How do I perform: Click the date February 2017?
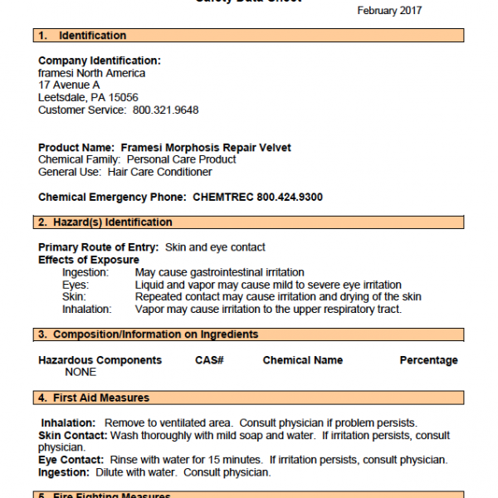point(389,11)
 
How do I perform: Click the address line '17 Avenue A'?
point(69,85)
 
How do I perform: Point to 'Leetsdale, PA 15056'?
point(88,97)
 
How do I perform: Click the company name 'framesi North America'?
point(91,73)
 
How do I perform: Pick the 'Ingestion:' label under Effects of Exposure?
point(85,272)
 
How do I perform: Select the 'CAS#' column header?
point(210,360)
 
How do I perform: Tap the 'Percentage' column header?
point(428,360)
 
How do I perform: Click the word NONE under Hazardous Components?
point(81,372)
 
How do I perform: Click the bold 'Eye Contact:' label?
point(71,460)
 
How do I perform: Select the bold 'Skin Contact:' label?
point(72,436)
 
